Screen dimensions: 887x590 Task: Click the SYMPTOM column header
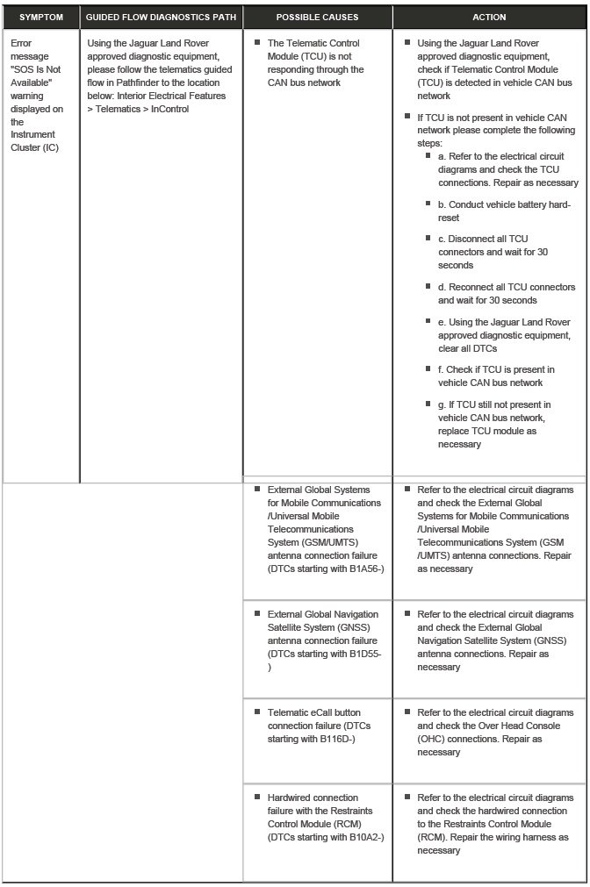coord(41,18)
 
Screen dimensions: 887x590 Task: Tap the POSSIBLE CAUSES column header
coord(317,18)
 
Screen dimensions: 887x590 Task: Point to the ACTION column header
coord(489,18)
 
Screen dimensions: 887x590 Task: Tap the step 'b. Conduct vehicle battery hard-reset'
coord(503,211)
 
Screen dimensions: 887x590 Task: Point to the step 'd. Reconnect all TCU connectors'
coord(507,293)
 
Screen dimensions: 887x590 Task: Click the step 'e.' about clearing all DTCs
coord(503,335)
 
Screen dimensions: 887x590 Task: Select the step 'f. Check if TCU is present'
coord(496,376)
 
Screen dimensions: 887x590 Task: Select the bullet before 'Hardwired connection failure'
coord(258,798)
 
